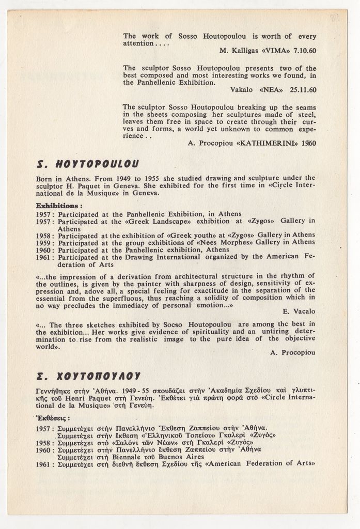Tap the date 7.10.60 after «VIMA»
(x=304, y=51)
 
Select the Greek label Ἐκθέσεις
(x=53, y=418)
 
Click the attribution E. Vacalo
(x=299, y=312)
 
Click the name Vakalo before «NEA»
(x=241, y=89)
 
